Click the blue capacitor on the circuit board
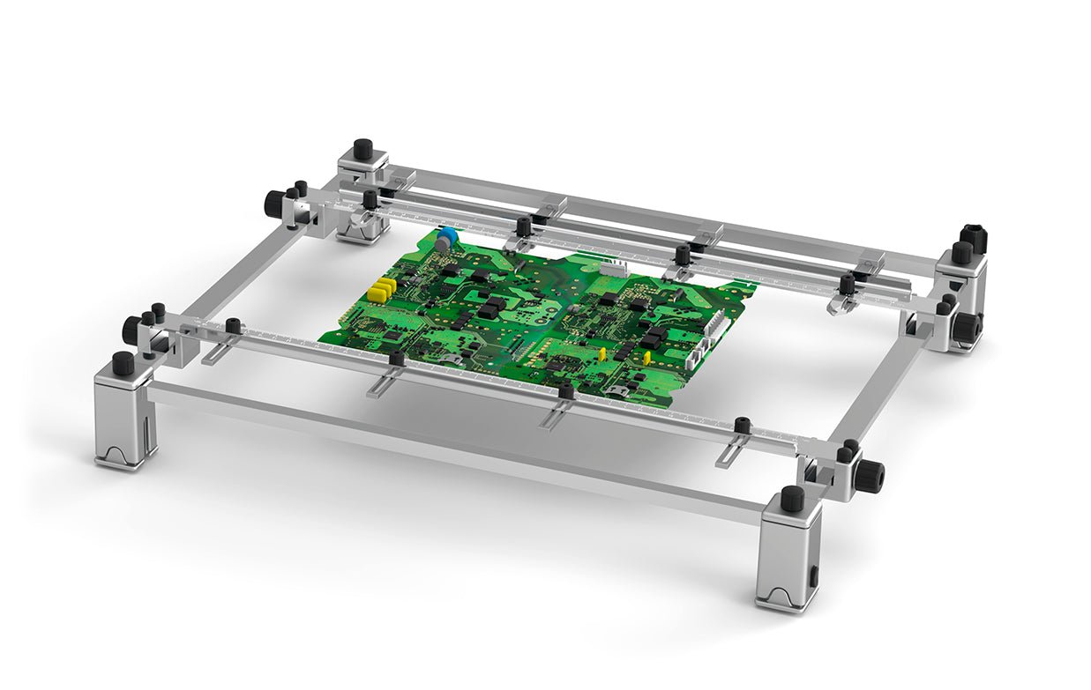448,236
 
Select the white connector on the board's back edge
614,267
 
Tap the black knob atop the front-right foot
792,498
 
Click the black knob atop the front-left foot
123,362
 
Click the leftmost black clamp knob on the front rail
233,325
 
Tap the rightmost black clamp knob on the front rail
743,426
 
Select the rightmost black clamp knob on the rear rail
847,284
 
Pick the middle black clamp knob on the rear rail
682,254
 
